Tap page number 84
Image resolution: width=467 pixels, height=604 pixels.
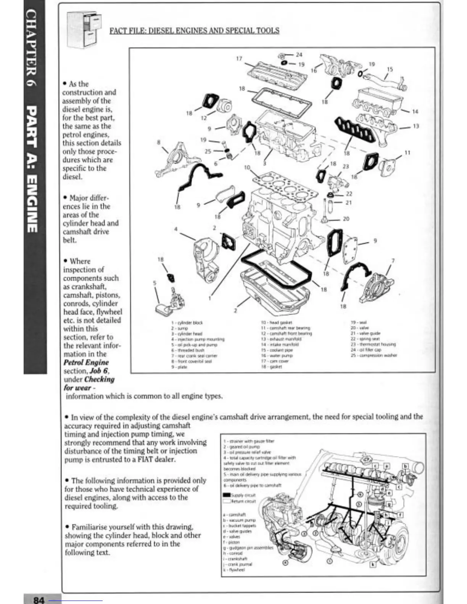(39, 600)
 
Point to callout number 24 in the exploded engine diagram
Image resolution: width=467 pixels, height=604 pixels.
(299, 55)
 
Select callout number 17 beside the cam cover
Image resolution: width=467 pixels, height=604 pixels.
(239, 58)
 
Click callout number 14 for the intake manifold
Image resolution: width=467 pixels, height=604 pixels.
(415, 112)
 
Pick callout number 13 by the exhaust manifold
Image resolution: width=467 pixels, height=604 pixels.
(416, 126)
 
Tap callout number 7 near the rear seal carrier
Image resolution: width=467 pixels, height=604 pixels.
(393, 261)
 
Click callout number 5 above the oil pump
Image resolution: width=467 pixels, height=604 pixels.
(155, 283)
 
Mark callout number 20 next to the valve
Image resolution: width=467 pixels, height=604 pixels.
(346, 219)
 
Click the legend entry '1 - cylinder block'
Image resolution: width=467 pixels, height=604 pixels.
(187, 323)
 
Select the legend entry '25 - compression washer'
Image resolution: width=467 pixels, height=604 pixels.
(374, 355)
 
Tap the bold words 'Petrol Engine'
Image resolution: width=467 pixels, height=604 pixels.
(86, 363)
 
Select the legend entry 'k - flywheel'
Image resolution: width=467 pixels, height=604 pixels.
(233, 570)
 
